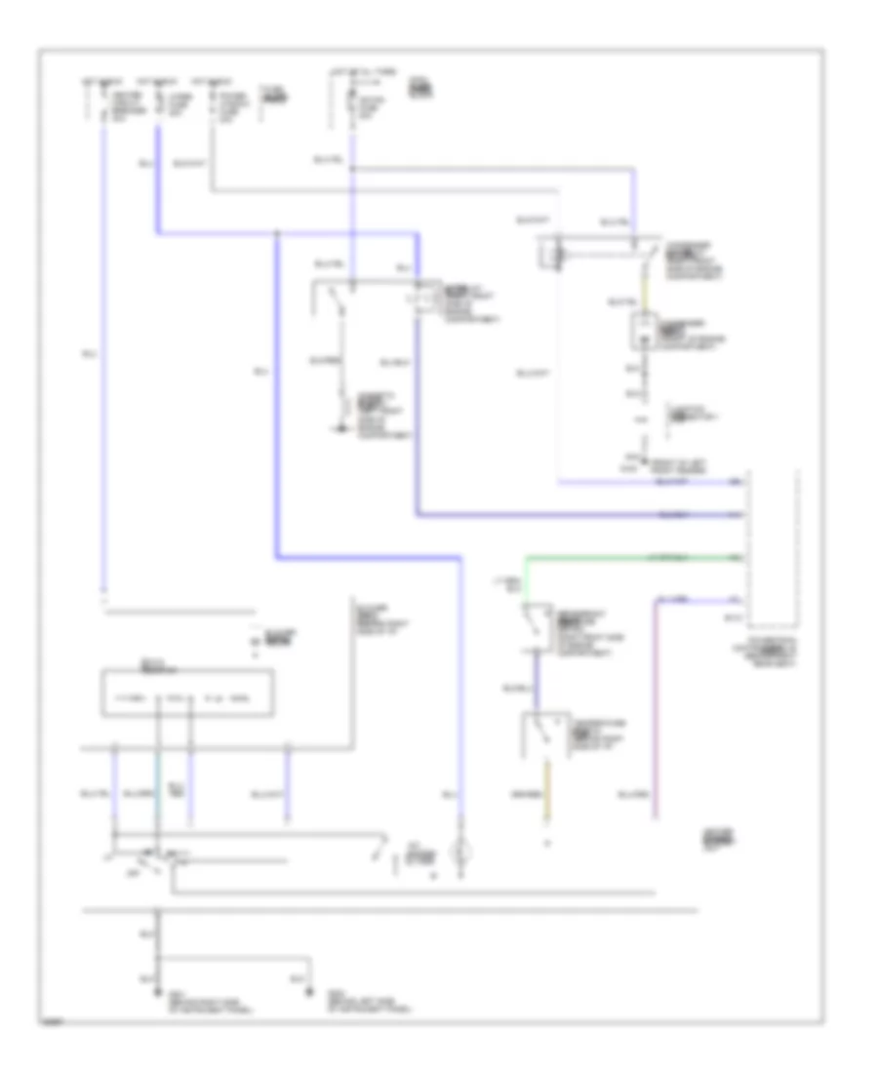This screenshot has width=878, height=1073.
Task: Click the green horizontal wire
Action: pos(634,557)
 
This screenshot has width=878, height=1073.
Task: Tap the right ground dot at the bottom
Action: pos(311,993)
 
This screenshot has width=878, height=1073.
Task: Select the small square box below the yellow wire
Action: pos(642,332)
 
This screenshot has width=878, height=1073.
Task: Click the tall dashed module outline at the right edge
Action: pos(772,546)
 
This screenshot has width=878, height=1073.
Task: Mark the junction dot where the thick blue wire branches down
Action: pos(278,234)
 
